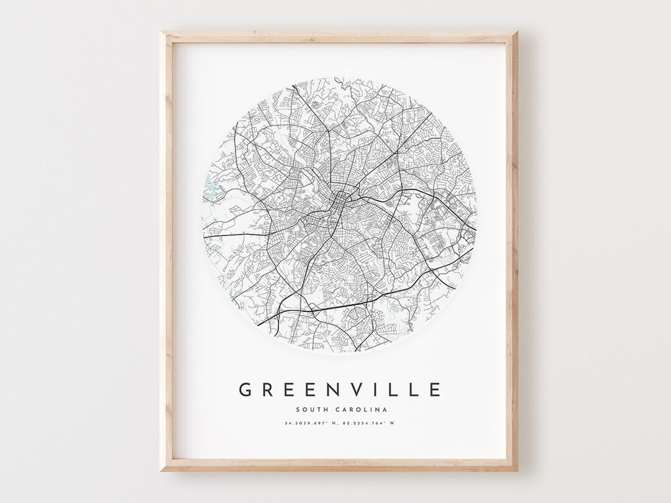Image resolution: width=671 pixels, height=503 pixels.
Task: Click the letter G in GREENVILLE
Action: coord(245,389)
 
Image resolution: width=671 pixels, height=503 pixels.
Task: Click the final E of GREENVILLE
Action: coord(434,389)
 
